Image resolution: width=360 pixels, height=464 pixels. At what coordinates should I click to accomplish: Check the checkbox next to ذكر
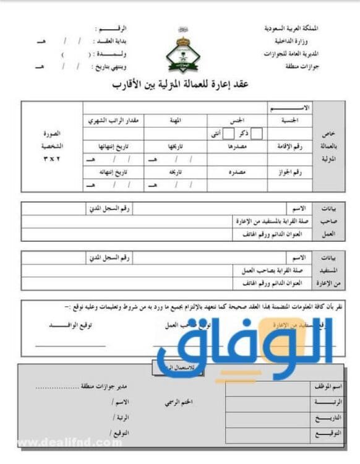[256, 133]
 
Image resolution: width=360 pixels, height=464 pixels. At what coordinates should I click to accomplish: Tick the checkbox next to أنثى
[228, 133]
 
